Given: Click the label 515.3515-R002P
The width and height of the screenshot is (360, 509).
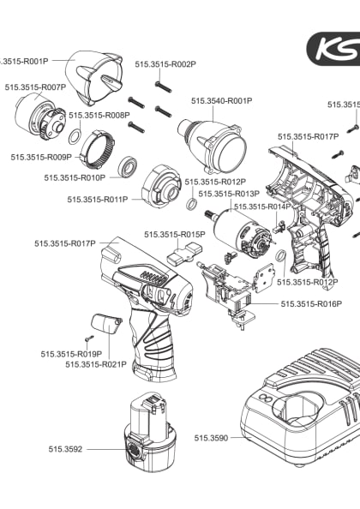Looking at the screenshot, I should pyautogui.click(x=165, y=64).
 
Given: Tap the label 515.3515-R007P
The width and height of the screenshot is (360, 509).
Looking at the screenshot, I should pyautogui.click(x=35, y=87).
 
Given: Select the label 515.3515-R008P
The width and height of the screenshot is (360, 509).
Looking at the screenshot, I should pyautogui.click(x=99, y=115).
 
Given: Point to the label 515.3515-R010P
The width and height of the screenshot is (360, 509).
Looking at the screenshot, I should pyautogui.click(x=75, y=177).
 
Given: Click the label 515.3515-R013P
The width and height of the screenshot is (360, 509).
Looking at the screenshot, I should pyautogui.click(x=229, y=194).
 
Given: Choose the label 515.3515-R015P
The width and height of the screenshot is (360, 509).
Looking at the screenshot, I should pyautogui.click(x=174, y=234).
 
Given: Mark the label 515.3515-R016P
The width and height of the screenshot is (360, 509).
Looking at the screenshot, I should pyautogui.click(x=310, y=303).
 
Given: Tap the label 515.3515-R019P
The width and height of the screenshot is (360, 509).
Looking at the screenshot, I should pyautogui.click(x=71, y=353).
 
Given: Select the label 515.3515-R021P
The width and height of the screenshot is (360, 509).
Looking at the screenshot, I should pyautogui.click(x=96, y=364).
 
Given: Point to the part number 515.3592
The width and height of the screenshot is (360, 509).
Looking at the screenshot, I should pyautogui.click(x=64, y=448).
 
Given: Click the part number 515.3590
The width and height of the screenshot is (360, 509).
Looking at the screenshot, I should pyautogui.click(x=211, y=438).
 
